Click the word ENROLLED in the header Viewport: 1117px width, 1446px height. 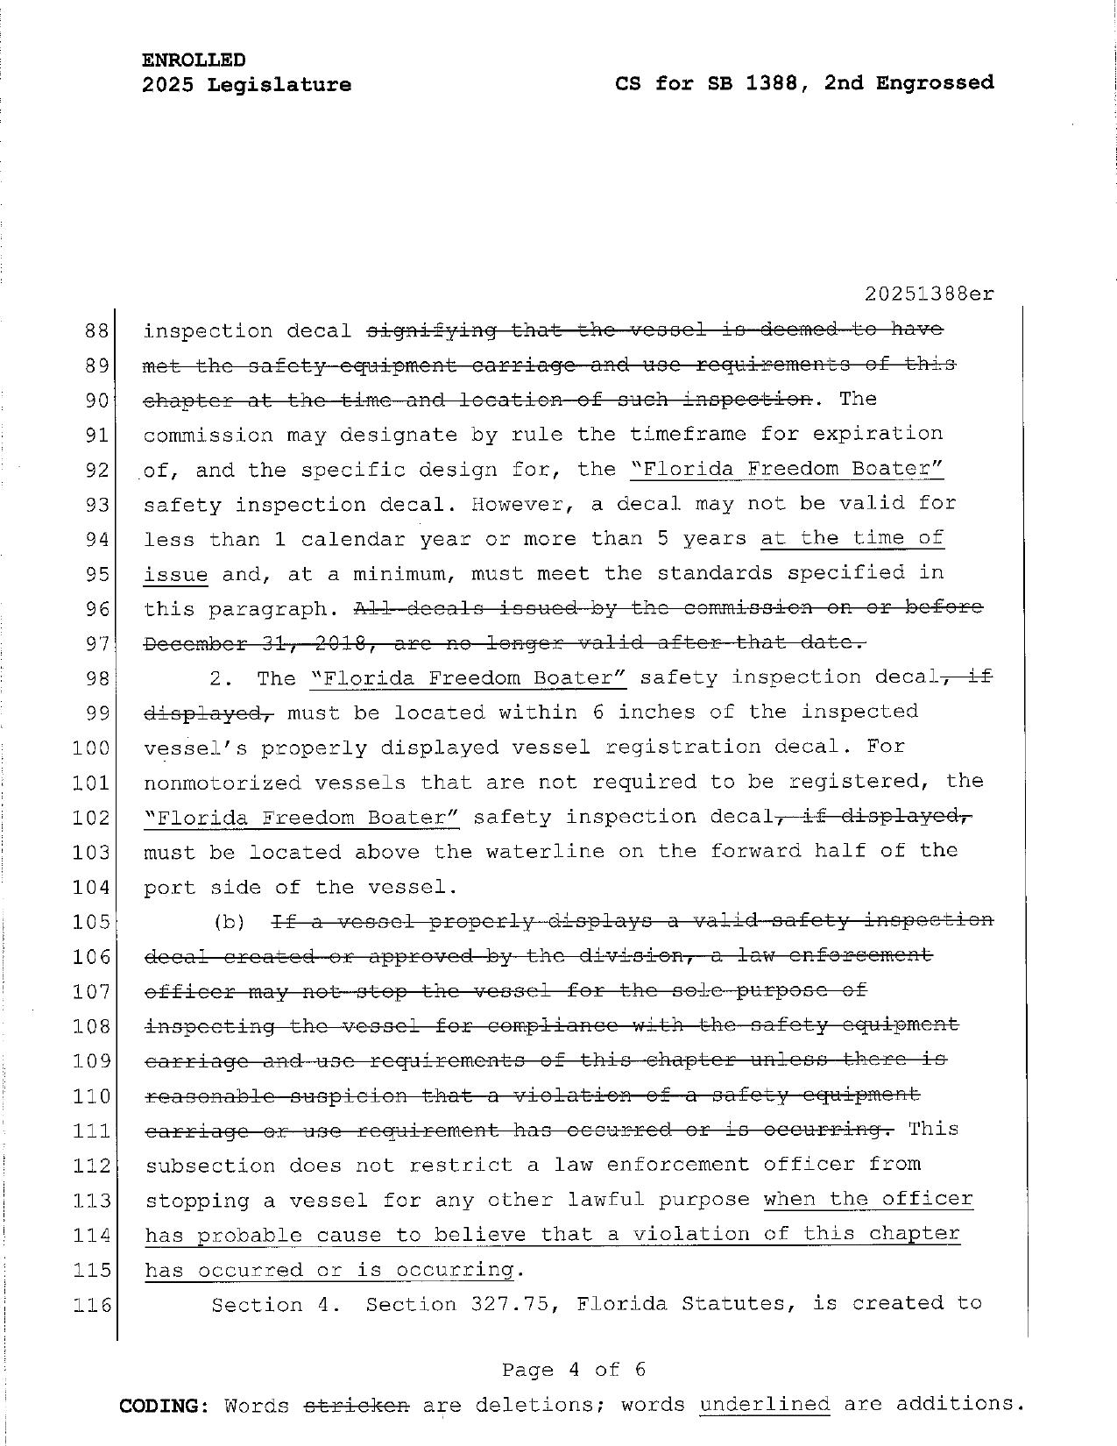click(194, 60)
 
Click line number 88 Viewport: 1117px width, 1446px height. click(96, 331)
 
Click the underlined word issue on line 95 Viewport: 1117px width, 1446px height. click(175, 574)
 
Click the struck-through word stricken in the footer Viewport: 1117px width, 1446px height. click(357, 1405)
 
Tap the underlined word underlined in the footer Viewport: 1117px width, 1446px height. click(764, 1404)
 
